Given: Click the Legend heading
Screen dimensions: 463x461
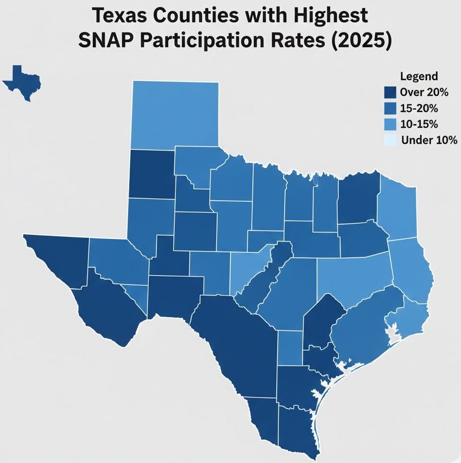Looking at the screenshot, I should point(419,77).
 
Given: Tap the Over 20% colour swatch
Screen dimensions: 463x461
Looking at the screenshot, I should point(390,92).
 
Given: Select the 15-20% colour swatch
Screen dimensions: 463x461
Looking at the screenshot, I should point(390,108).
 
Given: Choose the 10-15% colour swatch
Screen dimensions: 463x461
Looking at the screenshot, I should point(390,124).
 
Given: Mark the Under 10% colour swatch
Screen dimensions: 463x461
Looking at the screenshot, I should point(390,140).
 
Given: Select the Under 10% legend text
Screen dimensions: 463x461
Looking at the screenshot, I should point(429,140).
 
